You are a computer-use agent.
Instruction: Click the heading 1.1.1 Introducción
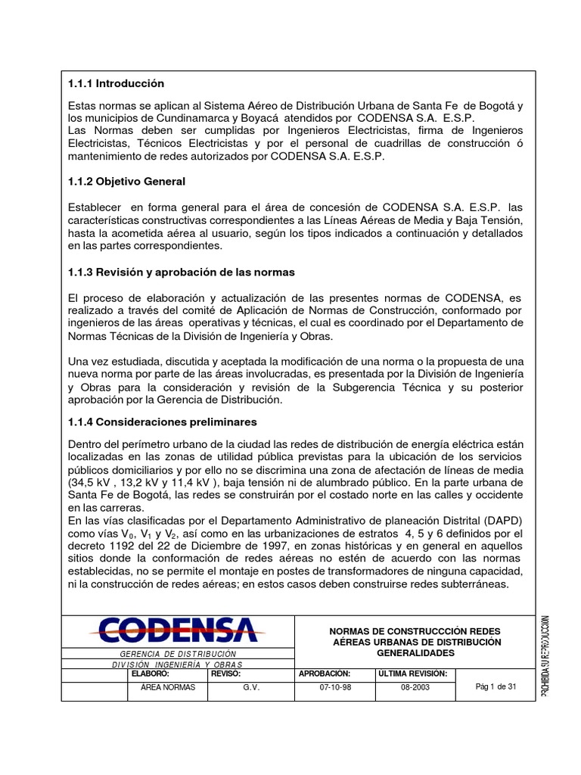(116, 83)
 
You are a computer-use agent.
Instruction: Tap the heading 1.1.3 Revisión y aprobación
(181, 272)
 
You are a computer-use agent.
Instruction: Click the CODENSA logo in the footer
(179, 630)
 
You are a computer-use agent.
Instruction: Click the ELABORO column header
(151, 673)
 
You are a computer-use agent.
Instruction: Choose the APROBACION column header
(325, 673)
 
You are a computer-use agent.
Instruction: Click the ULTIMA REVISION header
(413, 673)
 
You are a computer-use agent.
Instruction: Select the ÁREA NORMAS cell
(168, 688)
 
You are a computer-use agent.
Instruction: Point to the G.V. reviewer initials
(251, 688)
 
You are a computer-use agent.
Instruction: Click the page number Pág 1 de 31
(496, 686)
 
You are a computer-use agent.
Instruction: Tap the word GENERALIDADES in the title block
(416, 652)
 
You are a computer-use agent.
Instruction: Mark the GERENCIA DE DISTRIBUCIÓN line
(179, 653)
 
